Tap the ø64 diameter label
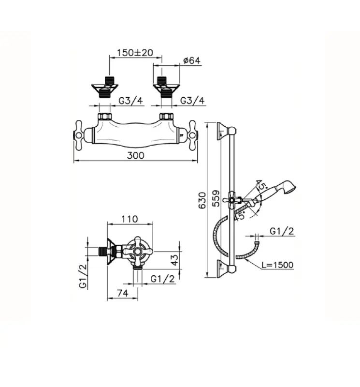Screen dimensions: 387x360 192,60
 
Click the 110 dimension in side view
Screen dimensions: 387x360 129,219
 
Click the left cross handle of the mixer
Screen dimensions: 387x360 78,135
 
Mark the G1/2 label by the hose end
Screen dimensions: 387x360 282,231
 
